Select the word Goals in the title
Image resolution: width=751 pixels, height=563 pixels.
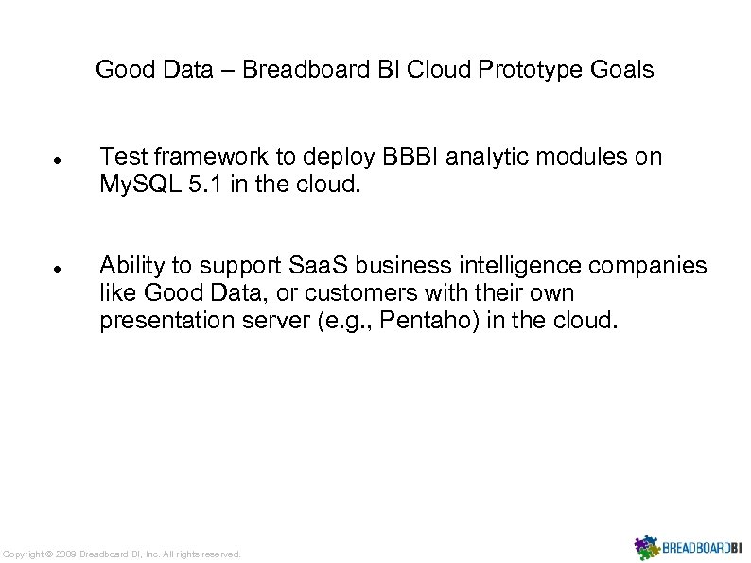point(623,70)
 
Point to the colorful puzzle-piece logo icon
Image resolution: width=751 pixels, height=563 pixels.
point(647,547)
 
